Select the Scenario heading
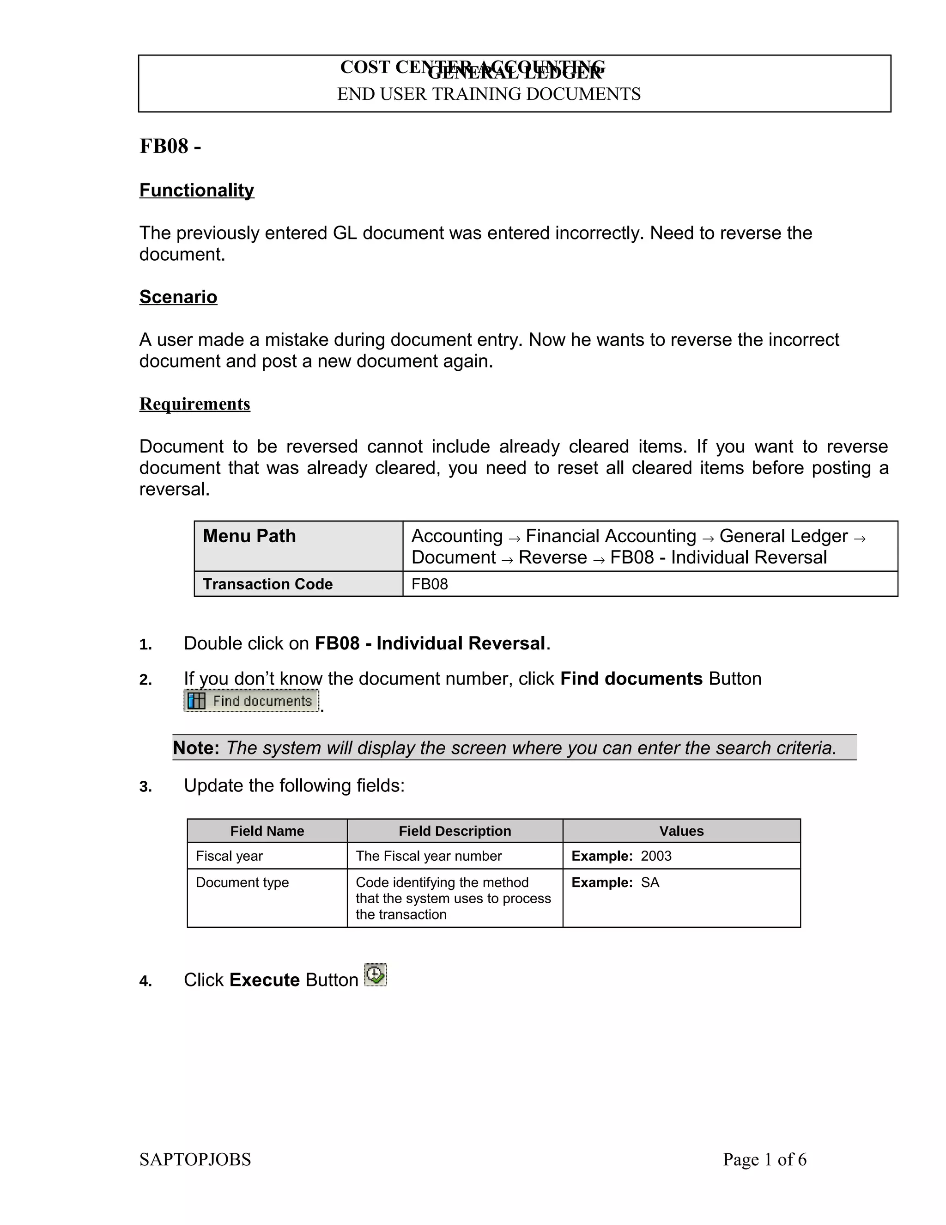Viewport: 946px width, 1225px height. click(178, 297)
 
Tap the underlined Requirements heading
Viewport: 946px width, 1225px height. click(194, 404)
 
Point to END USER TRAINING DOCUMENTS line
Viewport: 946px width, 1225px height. click(488, 94)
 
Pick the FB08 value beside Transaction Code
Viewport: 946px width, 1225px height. click(430, 584)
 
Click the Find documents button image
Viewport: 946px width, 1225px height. click(251, 700)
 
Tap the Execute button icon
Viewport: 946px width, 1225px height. click(376, 974)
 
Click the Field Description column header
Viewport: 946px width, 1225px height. click(455, 831)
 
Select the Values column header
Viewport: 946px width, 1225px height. click(681, 831)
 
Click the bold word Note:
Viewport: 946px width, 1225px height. click(195, 747)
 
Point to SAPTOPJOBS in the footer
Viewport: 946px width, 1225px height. click(195, 1159)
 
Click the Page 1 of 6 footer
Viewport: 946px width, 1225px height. click(764, 1159)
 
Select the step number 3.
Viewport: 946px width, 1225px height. click(145, 787)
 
